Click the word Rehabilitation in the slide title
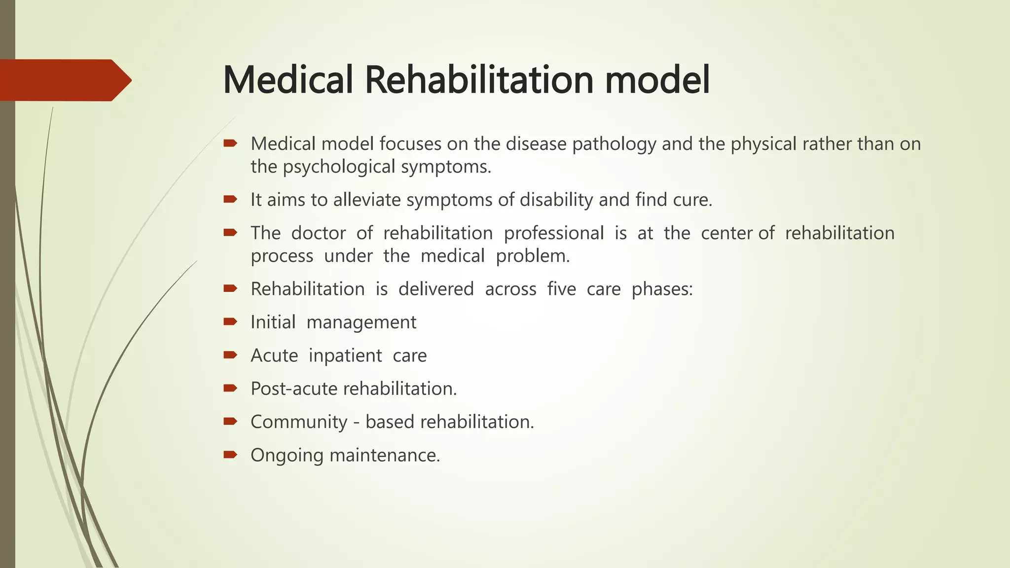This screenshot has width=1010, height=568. coord(479,80)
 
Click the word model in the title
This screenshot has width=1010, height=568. coord(657,80)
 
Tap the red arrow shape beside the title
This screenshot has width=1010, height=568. coord(64,80)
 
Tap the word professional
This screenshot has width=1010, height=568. coord(553,233)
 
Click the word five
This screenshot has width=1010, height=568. coord(561,289)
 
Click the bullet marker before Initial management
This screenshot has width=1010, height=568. coord(230,322)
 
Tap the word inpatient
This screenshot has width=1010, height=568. coord(345,355)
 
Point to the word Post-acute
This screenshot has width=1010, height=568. coord(294,389)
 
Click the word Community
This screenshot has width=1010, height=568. coord(299,422)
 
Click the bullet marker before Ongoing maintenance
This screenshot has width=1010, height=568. coord(230,454)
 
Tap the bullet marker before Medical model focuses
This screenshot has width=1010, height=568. coord(230,143)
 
